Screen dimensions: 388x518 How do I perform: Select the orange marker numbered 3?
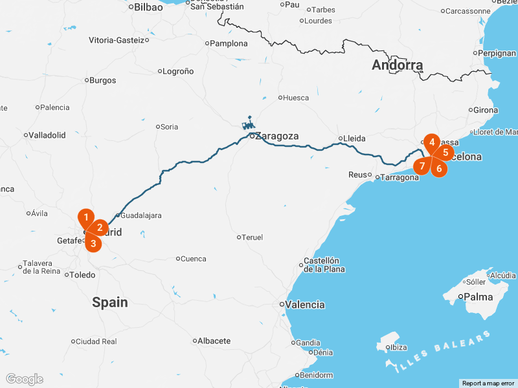click(x=93, y=243)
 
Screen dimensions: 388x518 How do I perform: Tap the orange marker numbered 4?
click(x=432, y=142)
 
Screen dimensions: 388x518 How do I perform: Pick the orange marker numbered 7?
click(x=422, y=166)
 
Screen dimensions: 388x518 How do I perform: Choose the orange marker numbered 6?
click(x=439, y=169)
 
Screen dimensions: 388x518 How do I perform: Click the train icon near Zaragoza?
click(x=248, y=124)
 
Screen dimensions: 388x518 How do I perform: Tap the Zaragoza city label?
click(x=276, y=136)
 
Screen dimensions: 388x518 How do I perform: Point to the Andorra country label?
click(x=397, y=65)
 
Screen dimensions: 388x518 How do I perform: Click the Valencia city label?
click(x=306, y=305)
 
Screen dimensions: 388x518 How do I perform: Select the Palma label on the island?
click(x=479, y=297)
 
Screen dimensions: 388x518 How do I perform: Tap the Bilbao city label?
click(x=148, y=8)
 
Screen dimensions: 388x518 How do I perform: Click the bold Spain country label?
click(x=109, y=302)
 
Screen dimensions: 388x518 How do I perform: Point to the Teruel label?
click(x=253, y=237)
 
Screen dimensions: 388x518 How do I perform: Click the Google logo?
click(x=24, y=379)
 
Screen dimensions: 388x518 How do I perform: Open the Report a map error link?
click(x=488, y=383)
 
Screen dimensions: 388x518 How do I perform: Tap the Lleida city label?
click(x=355, y=138)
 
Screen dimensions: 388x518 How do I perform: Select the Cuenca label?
click(x=193, y=259)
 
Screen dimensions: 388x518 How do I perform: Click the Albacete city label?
click(x=214, y=341)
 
